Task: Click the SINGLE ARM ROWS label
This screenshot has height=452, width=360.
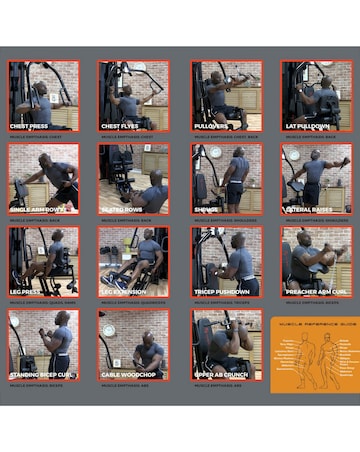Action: coord(38,208)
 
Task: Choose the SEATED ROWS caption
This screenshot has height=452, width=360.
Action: coord(123,208)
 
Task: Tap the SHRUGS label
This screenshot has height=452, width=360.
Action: coord(206,208)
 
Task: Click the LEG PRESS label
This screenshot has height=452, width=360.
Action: coord(28,291)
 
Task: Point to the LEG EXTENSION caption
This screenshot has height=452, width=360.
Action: coord(126,291)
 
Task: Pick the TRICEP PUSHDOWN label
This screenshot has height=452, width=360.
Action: coord(221,291)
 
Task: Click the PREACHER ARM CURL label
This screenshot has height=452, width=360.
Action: coord(314,291)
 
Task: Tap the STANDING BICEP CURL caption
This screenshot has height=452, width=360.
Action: coord(41,374)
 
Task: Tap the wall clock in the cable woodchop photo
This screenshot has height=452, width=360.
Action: coord(108,326)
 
